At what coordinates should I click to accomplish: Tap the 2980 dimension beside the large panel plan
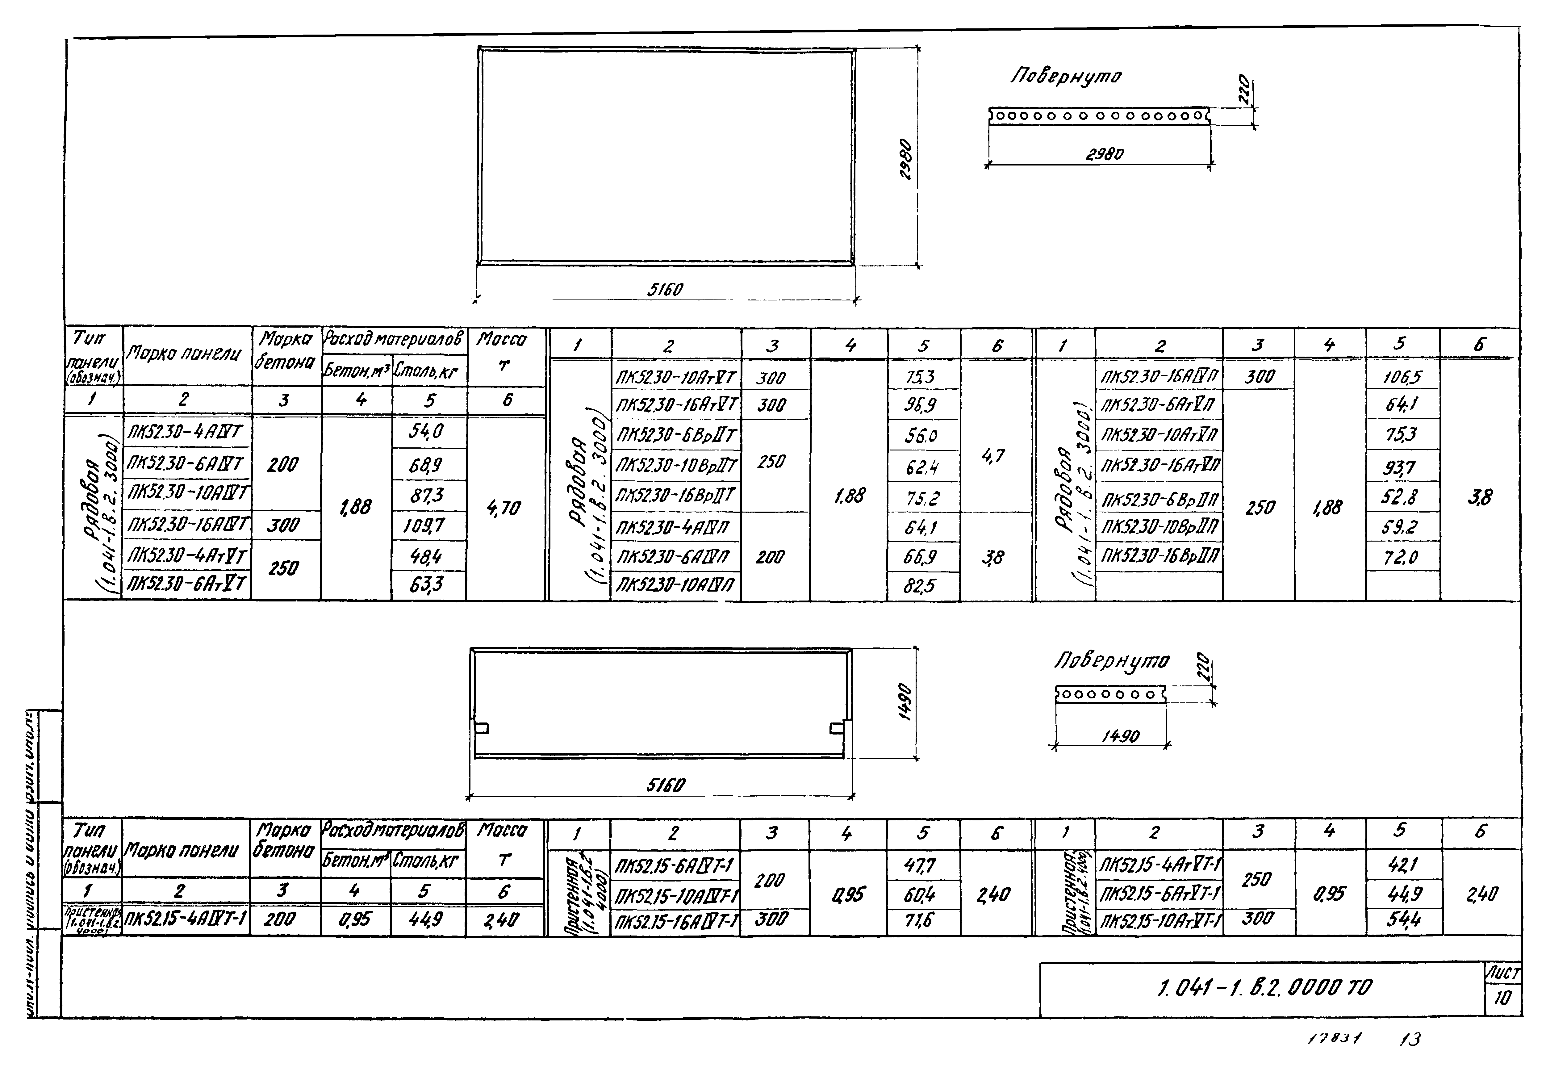coord(905,159)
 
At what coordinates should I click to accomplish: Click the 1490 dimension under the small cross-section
coord(1120,736)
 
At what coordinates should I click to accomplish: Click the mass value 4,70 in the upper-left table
coord(503,509)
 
